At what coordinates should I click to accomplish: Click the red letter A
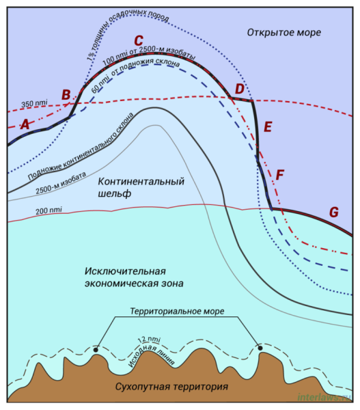coord(25,124)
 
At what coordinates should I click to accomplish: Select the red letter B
coord(66,95)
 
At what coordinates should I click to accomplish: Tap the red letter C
coord(139,40)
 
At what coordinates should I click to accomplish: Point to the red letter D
coord(240,89)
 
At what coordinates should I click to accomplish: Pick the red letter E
coord(268,127)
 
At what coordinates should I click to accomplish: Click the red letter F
coord(280,175)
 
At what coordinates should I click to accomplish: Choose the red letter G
coord(334,212)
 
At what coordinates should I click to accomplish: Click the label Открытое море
coord(284,33)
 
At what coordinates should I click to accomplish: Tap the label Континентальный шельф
coord(141,187)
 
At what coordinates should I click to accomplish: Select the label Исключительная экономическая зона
coord(134,277)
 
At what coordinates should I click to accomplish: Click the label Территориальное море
coord(177,312)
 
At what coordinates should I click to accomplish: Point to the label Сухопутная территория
coord(171,387)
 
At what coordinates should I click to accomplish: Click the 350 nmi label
coord(34,103)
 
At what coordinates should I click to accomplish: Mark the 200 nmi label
coord(49,210)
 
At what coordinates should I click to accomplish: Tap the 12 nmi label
coord(150,340)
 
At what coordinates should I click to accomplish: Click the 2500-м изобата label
coord(61,182)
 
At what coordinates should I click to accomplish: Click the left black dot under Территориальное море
coord(96,350)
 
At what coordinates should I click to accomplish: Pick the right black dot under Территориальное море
coord(260,348)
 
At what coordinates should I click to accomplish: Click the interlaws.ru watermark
coord(324,397)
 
